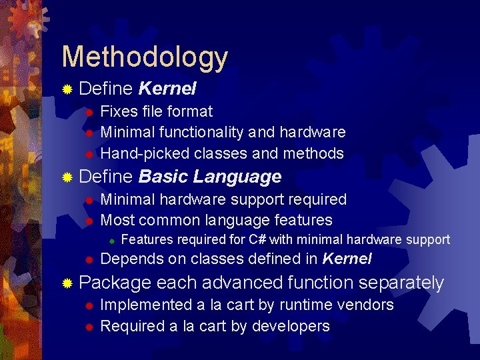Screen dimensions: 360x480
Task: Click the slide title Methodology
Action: (145, 57)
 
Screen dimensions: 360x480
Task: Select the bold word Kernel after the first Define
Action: (167, 88)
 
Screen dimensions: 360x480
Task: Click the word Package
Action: (115, 283)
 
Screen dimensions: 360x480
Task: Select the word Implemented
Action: (145, 305)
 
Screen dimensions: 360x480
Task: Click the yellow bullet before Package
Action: (67, 283)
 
